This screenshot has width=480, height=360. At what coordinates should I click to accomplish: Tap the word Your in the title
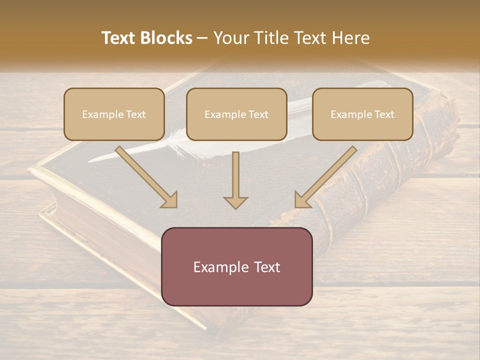232,38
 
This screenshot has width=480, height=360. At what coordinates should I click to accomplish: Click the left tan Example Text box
114,114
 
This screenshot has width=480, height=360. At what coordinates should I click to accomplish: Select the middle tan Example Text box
236,114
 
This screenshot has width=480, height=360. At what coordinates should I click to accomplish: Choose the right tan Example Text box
362,114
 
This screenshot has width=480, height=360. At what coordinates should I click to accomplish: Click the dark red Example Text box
236,266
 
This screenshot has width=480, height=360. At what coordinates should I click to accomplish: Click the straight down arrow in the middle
235,177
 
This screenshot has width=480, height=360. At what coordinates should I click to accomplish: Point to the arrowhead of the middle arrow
235,202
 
